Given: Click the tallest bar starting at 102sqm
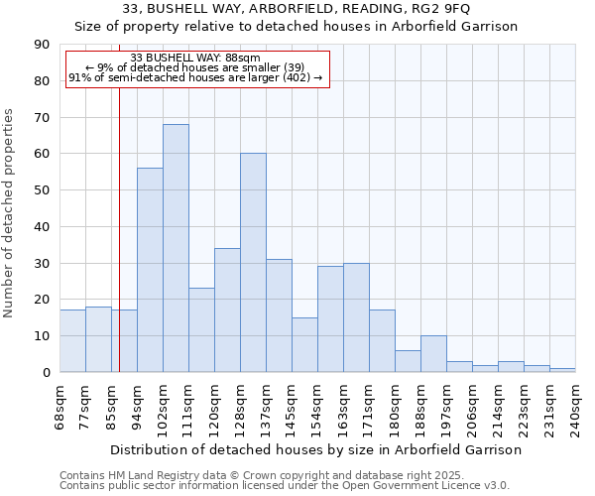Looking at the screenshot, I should coord(176,248).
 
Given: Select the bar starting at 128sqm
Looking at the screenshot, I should coord(253,263).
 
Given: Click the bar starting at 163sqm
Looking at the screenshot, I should coord(356,317).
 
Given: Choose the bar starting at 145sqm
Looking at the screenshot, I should coord(304,344).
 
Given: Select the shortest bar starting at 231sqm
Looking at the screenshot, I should coord(562,370).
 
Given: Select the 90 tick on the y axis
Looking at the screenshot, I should coord(41,45).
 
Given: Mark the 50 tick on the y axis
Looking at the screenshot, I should coord(41,190).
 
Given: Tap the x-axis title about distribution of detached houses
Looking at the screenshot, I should coord(316,449).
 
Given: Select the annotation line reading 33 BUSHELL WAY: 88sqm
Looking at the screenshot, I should coord(195,58).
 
